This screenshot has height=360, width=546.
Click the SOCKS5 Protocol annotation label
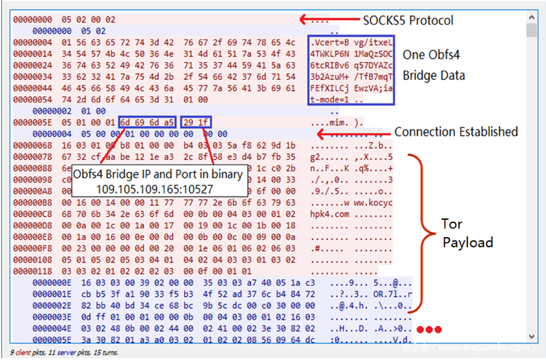(408, 20)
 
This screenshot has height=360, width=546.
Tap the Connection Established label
(456, 132)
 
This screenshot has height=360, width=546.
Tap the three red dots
(429, 330)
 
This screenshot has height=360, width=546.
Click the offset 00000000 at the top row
(33, 20)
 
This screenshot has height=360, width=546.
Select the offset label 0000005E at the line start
(33, 122)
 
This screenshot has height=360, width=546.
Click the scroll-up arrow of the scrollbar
(532, 19)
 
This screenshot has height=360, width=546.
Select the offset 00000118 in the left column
(33, 271)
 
